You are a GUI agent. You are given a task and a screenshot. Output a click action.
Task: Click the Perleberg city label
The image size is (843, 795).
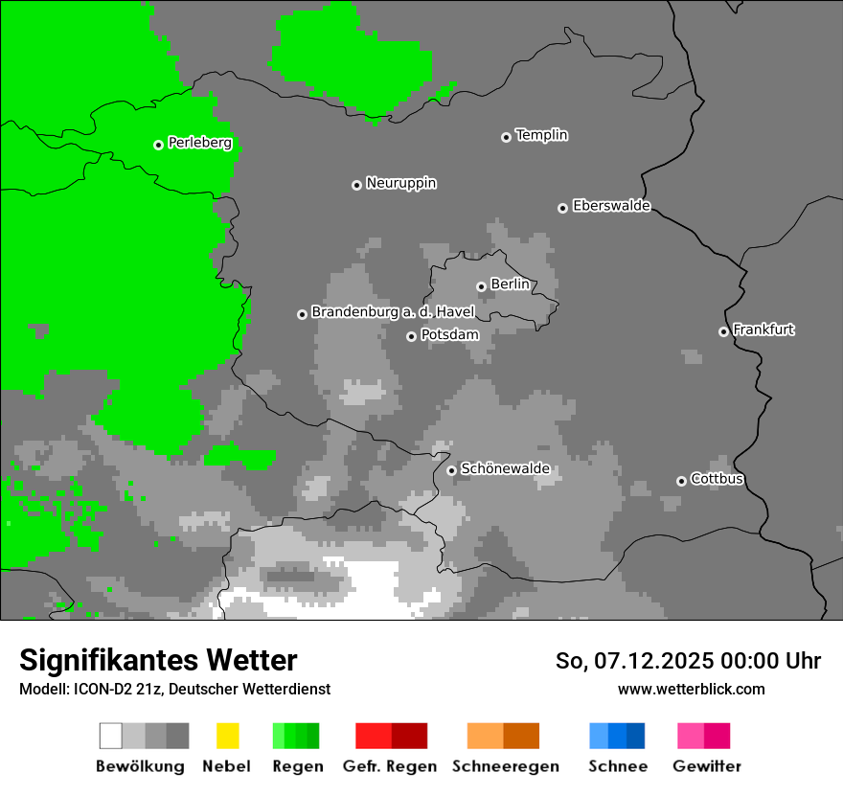coord(199,143)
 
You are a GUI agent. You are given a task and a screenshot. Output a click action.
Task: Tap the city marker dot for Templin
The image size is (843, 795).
coord(506,137)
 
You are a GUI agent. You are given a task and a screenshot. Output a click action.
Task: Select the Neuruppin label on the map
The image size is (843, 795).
coord(400,183)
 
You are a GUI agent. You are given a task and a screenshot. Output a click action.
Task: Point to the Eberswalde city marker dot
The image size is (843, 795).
coord(562,208)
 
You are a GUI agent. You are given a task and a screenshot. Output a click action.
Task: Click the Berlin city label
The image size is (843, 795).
coord(510,284)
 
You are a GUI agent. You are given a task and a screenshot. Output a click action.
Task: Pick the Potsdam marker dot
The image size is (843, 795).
coord(411,336)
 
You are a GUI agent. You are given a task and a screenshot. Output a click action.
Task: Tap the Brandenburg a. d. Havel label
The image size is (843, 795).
coord(393,312)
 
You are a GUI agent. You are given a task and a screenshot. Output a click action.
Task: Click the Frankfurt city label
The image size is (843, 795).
coord(763,329)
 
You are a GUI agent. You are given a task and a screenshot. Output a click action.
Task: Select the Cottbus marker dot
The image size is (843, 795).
coord(681,481)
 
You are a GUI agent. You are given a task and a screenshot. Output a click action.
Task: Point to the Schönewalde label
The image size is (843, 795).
coord(505,468)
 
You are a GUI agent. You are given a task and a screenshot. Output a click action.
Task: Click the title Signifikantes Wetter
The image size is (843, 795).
coord(158,660)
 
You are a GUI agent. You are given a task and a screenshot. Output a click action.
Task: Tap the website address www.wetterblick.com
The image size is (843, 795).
coord(691,689)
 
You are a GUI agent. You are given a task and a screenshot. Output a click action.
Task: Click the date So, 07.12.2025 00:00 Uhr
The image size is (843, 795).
coord(688,661)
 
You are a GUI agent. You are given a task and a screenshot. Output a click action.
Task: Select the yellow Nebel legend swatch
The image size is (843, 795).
coord(227,736)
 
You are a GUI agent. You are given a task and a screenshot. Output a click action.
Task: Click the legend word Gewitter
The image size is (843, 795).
coord(706,766)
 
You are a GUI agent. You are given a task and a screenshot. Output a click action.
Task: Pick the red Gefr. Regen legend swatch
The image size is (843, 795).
coord(391,736)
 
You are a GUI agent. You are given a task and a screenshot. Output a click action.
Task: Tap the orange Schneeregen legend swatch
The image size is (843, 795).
coord(503,736)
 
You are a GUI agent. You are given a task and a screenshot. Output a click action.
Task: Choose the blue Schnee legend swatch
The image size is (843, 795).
coord(617,736)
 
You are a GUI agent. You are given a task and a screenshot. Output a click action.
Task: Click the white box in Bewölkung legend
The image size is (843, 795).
coord(111,736)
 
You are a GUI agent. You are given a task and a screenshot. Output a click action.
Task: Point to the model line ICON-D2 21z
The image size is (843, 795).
coord(174,689)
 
